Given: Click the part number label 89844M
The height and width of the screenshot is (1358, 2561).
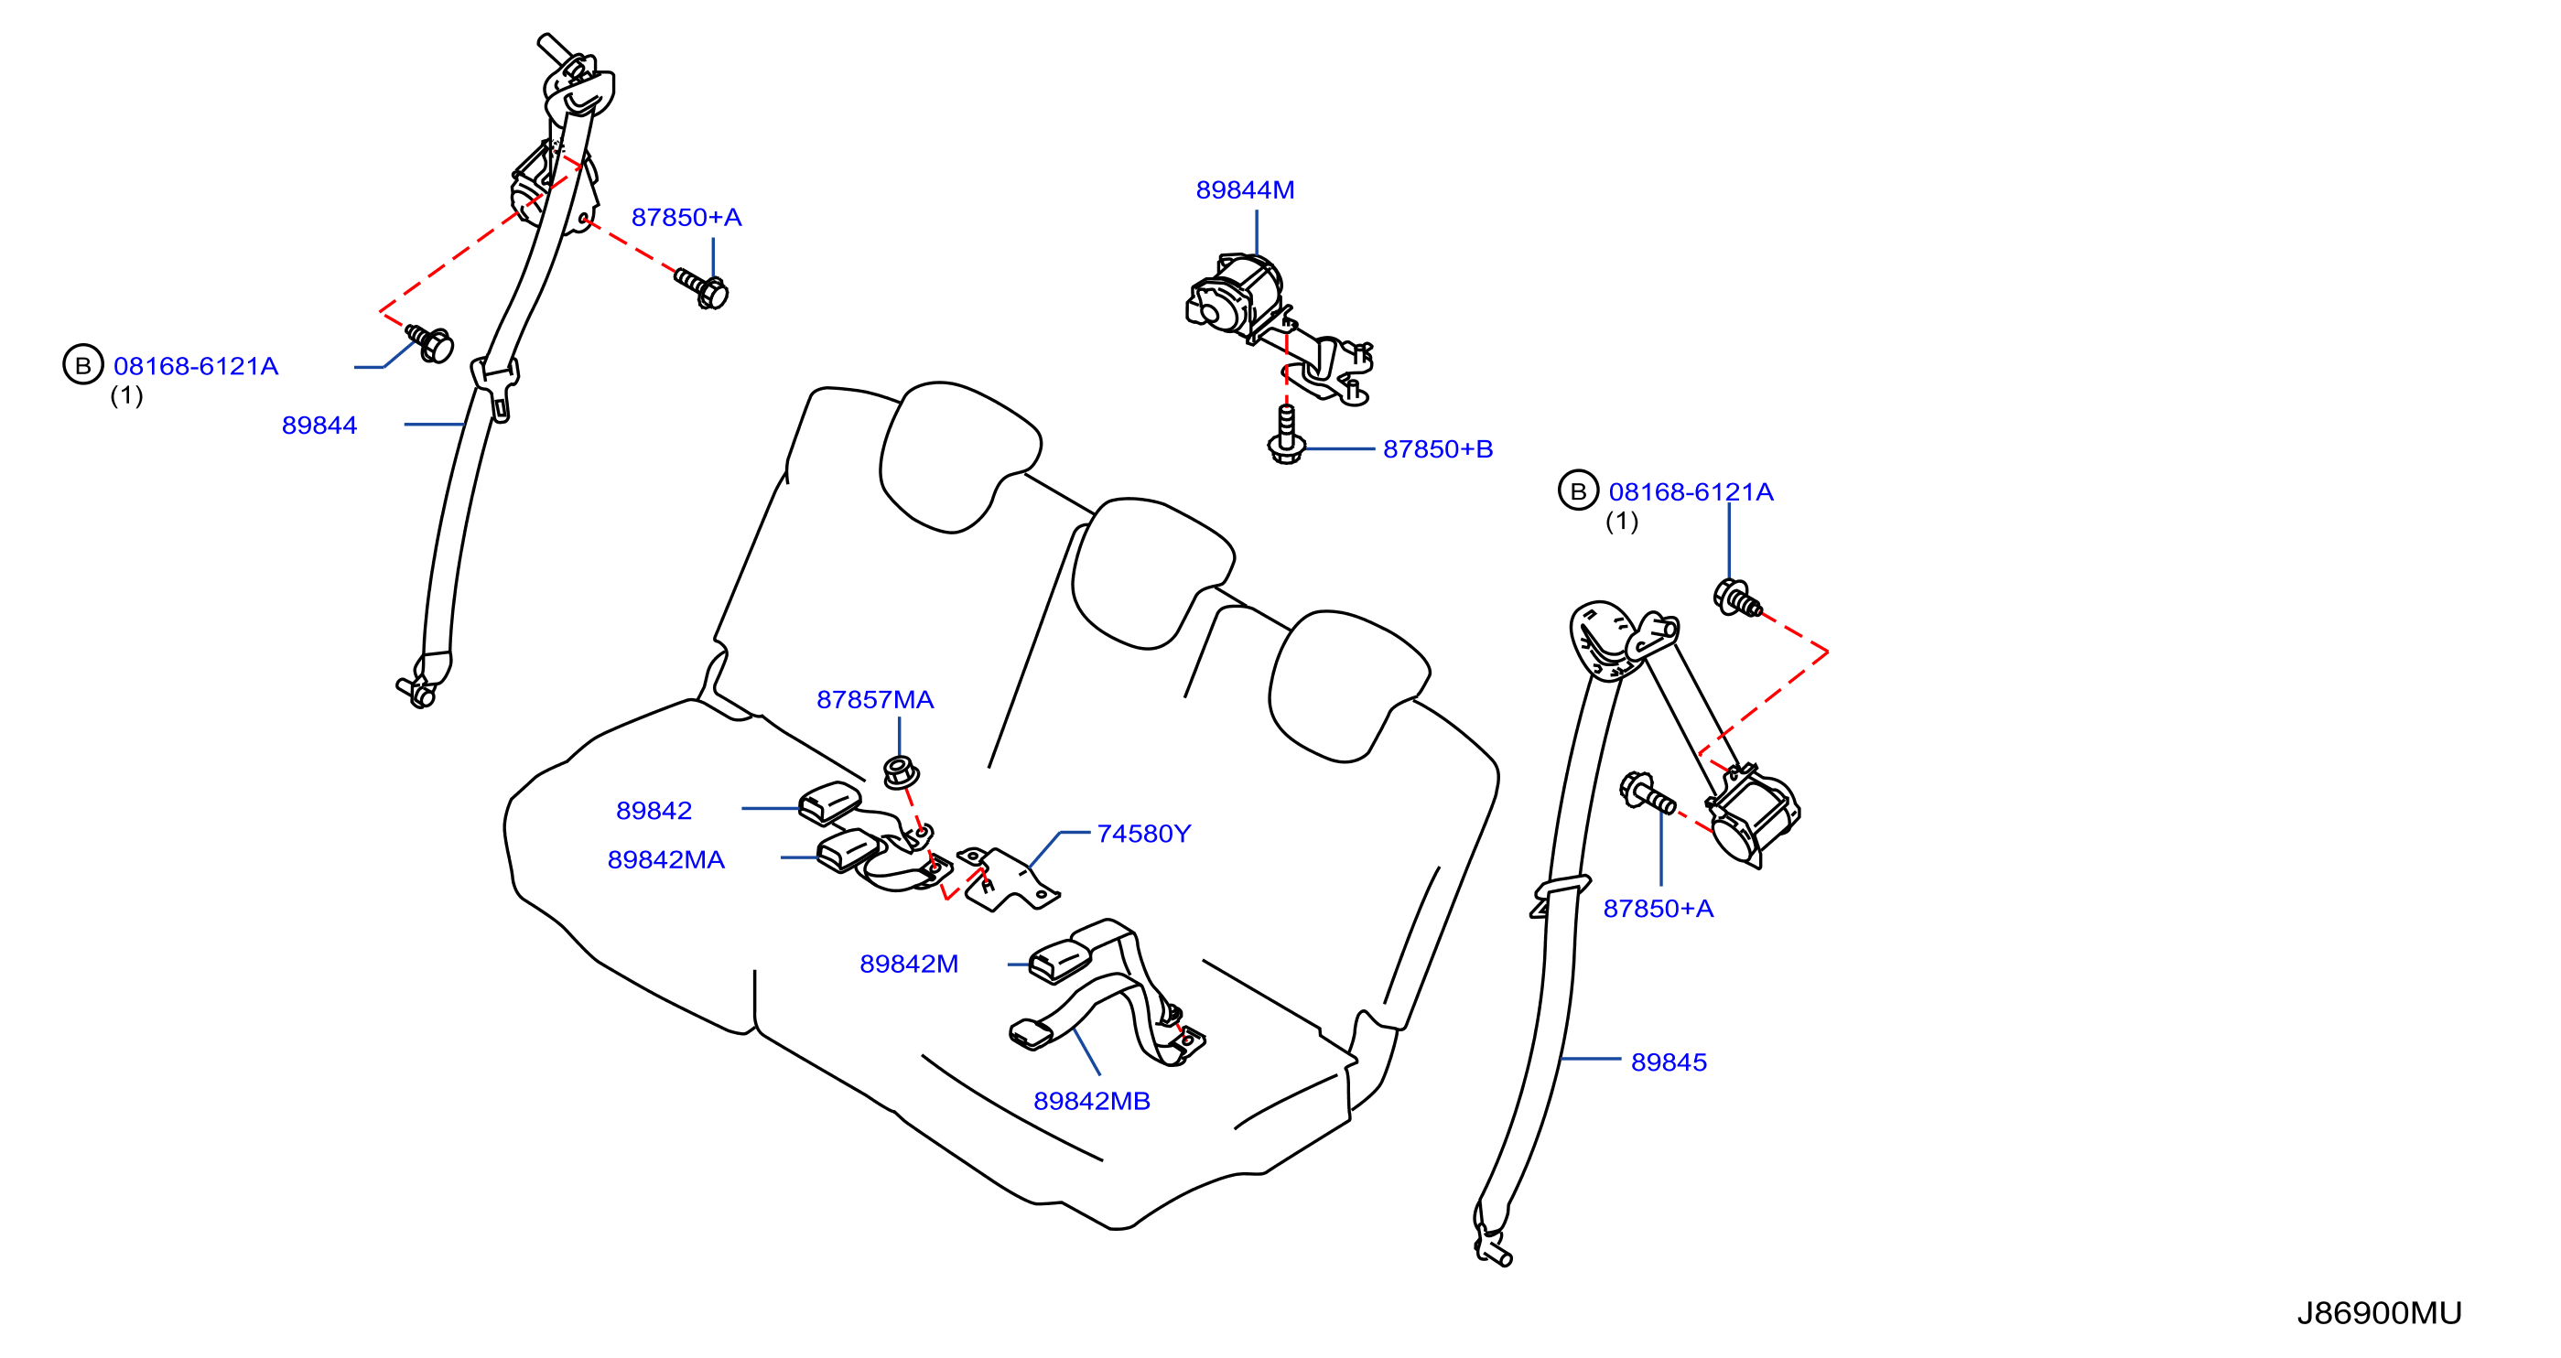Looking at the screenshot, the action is pos(1245,189).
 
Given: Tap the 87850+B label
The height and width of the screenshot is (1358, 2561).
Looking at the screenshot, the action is pos(1438,449).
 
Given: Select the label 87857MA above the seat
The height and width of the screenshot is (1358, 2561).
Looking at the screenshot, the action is pos(875,700).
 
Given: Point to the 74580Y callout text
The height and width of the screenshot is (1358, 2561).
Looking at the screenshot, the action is pos(1143,834).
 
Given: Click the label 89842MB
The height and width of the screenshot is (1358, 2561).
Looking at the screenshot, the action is pos(1092,1102).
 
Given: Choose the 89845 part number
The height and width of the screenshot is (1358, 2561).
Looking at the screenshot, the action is pos(1669,1062).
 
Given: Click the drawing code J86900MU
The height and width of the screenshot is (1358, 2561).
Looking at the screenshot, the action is pos(2379,1313).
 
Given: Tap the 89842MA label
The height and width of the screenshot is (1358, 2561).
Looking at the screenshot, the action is pos(666,860).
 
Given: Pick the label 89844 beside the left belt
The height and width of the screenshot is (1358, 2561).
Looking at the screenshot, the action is pos(319,426).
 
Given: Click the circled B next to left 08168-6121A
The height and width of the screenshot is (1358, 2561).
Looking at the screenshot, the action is pos(83,365).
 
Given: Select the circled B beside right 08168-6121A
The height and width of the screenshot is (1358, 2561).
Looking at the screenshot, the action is pos(1578,490).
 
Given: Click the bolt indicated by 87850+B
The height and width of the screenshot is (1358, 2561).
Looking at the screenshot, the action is pos(1287,436).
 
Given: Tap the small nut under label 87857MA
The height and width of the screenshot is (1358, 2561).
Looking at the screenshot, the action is pos(901,772).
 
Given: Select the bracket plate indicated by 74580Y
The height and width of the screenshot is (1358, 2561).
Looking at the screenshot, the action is pos(1008,878).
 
